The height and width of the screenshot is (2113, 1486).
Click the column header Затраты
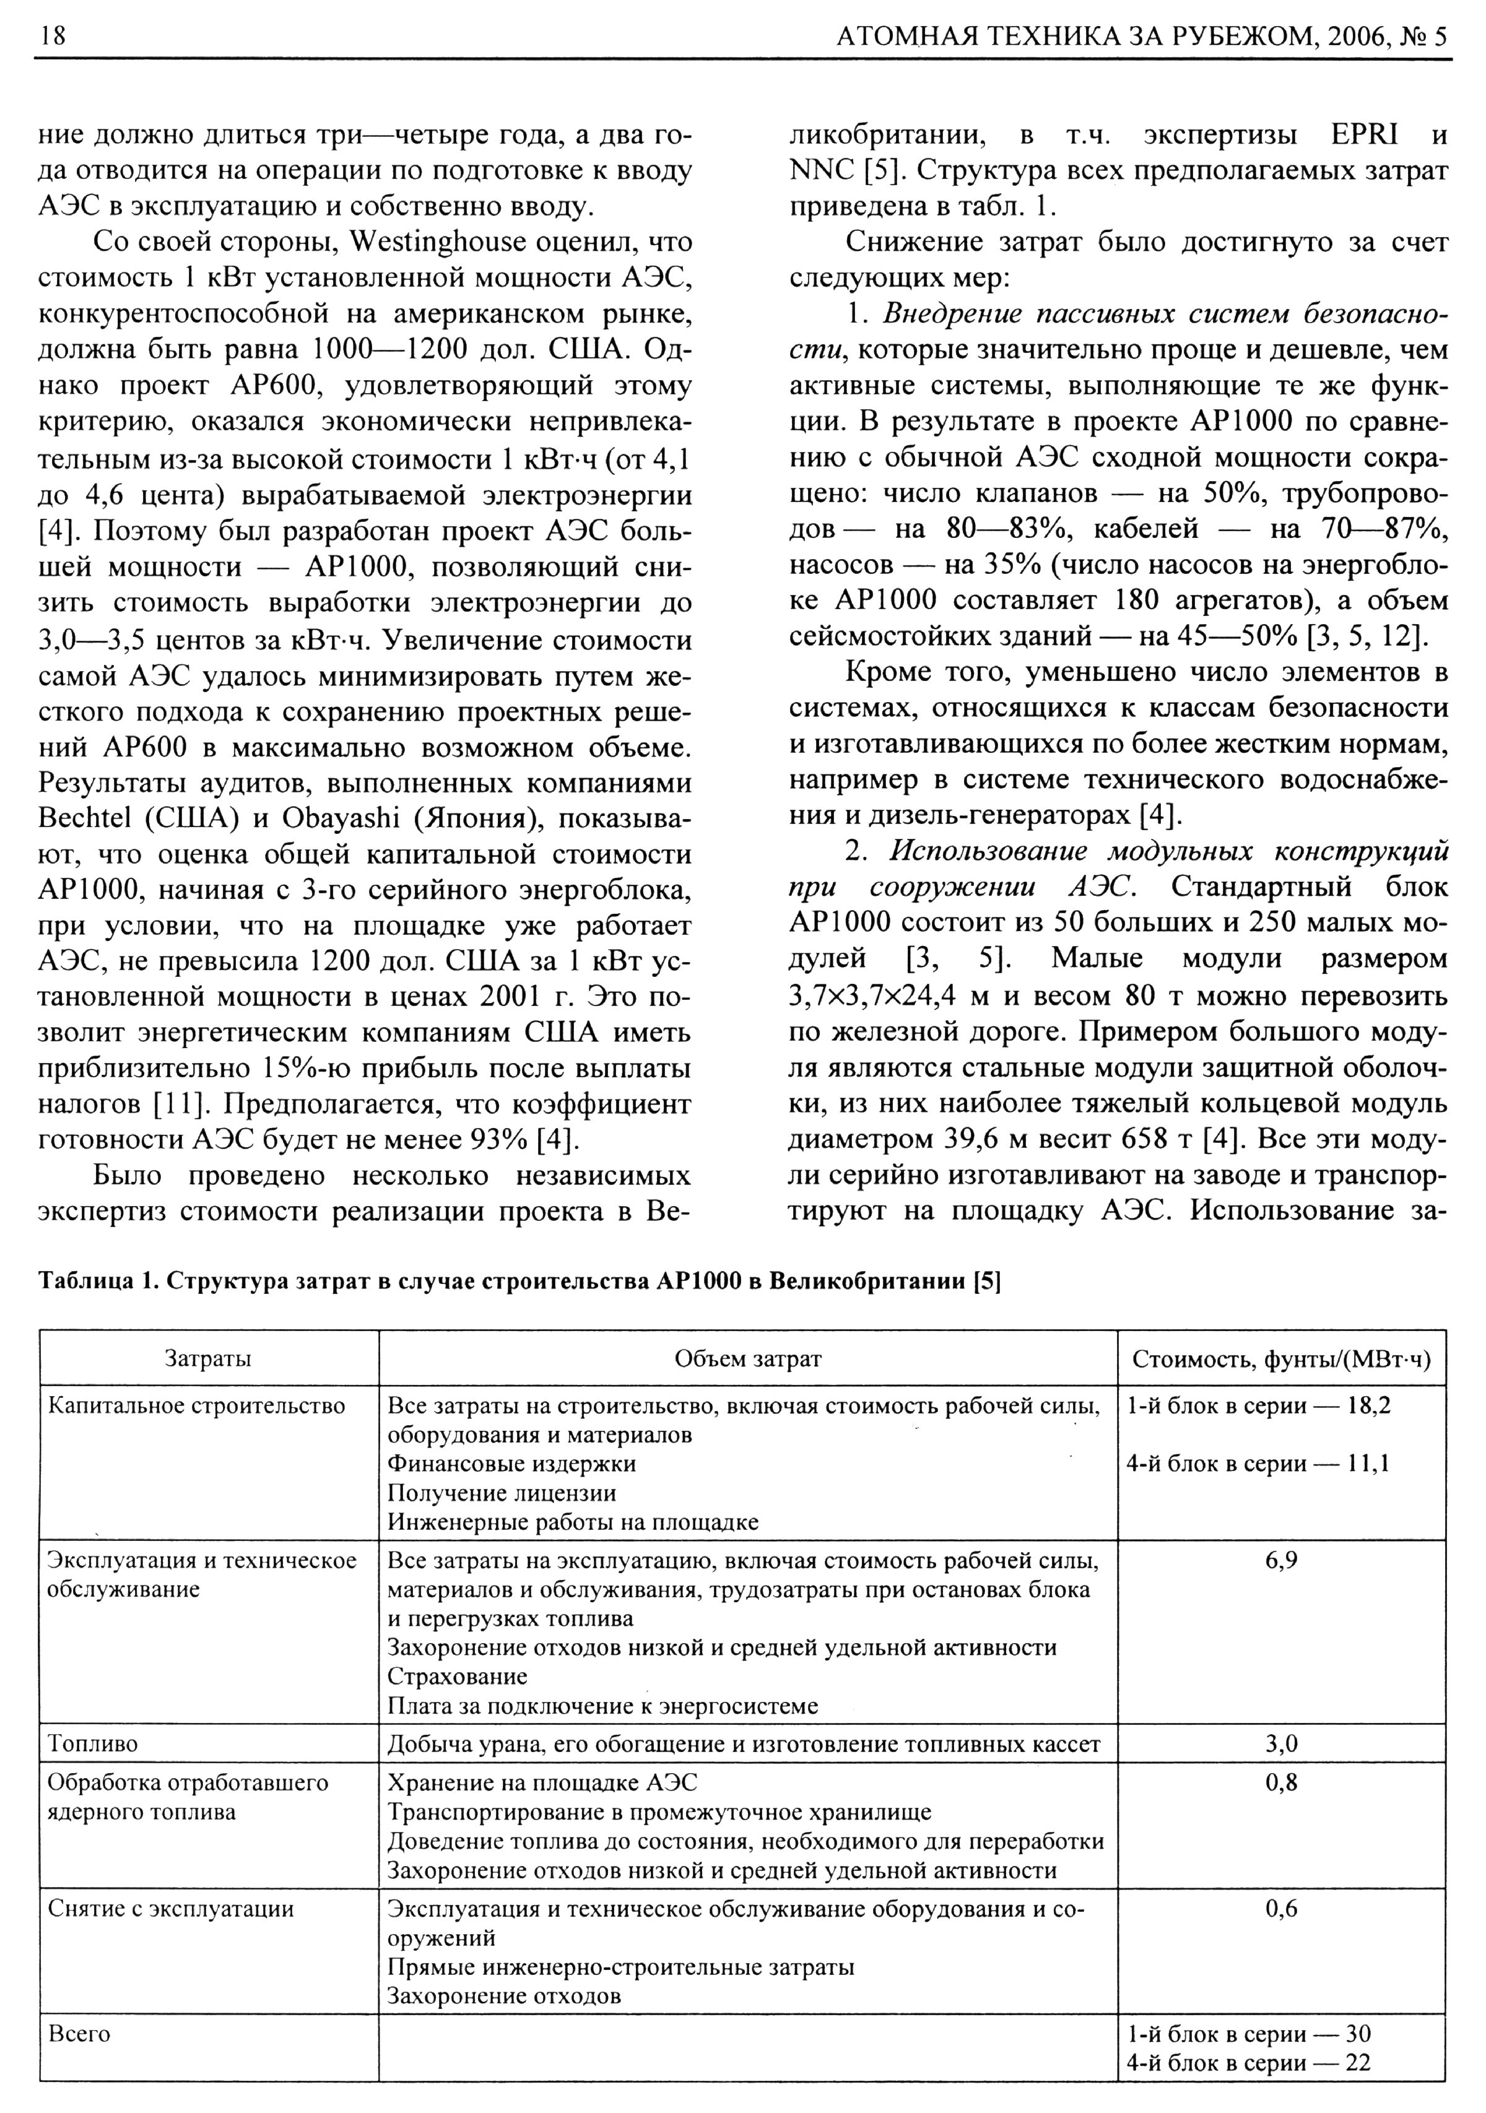click(208, 1358)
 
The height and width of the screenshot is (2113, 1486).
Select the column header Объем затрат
click(747, 1358)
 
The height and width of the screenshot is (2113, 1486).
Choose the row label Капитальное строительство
click(196, 1406)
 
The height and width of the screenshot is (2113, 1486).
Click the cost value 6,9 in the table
click(1281, 1561)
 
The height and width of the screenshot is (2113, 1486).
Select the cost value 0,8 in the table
click(1281, 1782)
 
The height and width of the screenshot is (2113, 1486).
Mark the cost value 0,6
click(1281, 1909)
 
